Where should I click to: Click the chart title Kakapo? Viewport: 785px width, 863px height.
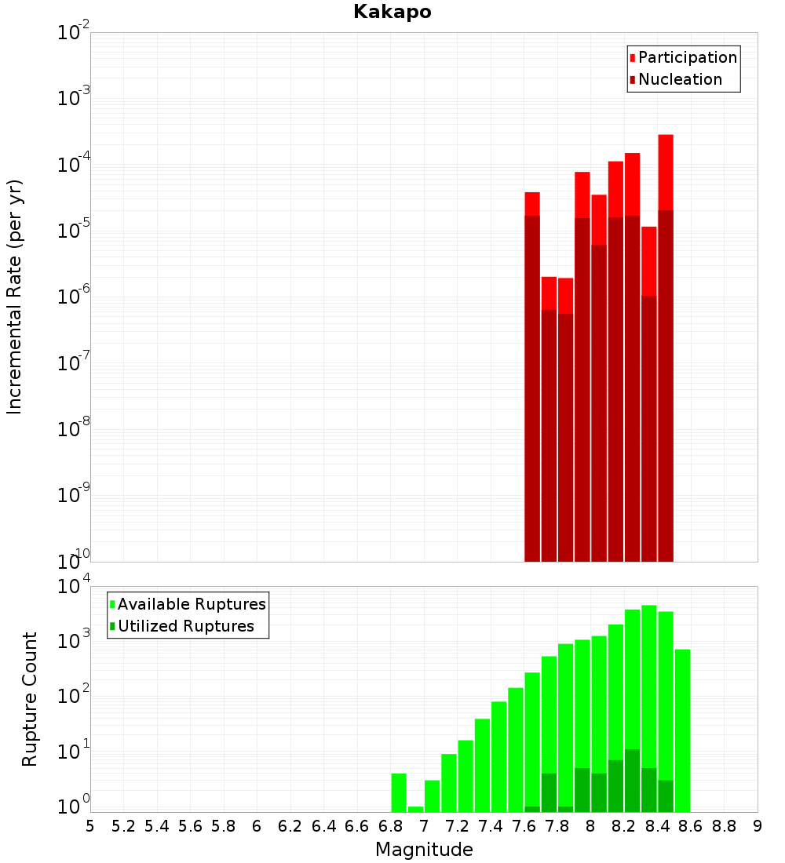(x=392, y=12)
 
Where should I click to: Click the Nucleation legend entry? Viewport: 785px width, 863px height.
(x=680, y=79)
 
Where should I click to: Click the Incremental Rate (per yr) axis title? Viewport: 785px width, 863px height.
(x=15, y=297)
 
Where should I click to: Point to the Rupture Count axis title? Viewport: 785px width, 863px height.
(x=30, y=699)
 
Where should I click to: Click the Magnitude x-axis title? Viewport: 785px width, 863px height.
(x=424, y=850)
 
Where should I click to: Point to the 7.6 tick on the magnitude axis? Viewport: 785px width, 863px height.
(x=524, y=826)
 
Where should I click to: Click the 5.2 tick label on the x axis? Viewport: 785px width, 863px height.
(x=123, y=826)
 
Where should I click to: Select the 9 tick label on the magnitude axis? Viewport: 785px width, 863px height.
(x=758, y=826)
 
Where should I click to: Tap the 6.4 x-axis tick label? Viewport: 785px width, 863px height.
(x=323, y=826)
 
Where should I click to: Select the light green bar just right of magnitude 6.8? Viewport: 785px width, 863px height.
(x=399, y=792)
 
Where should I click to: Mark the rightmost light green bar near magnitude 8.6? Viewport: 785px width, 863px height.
(x=682, y=730)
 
